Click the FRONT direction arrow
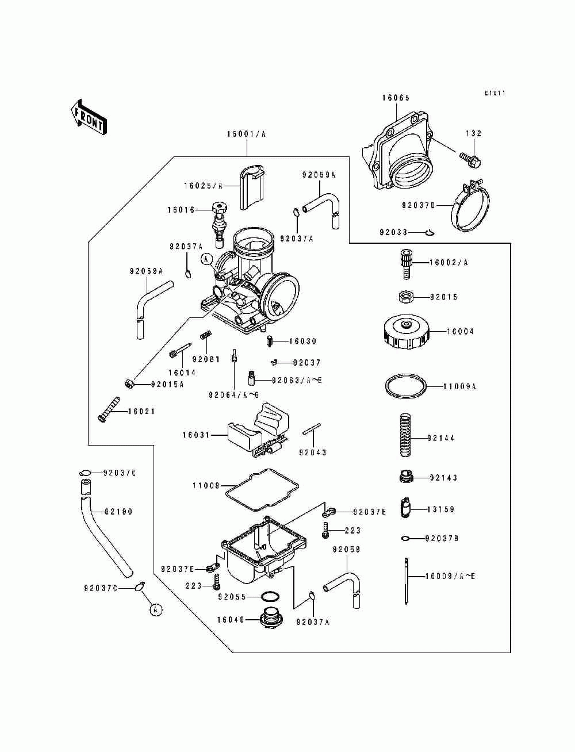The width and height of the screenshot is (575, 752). coord(89,117)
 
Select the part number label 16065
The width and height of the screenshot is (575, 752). coord(396,98)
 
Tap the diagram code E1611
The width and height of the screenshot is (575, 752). coord(495,93)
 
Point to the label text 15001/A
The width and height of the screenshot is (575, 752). coord(246,134)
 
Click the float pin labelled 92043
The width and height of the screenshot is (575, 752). coord(312,429)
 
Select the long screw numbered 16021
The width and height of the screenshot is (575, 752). coord(109,409)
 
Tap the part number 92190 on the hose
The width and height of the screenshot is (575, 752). coord(118,512)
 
